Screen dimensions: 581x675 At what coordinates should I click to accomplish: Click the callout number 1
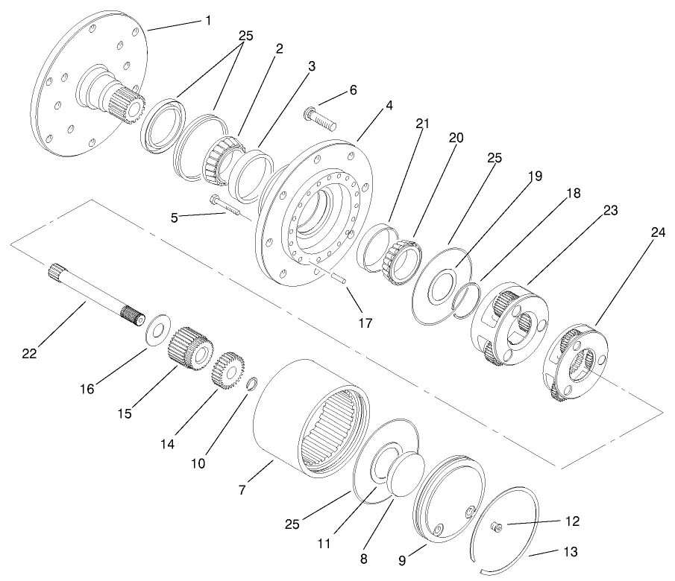208,21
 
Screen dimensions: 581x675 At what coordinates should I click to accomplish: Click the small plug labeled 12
495,527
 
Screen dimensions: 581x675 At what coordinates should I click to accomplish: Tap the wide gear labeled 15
192,347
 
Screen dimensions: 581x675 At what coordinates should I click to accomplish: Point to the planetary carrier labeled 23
512,323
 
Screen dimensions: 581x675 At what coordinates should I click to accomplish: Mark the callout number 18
572,192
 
